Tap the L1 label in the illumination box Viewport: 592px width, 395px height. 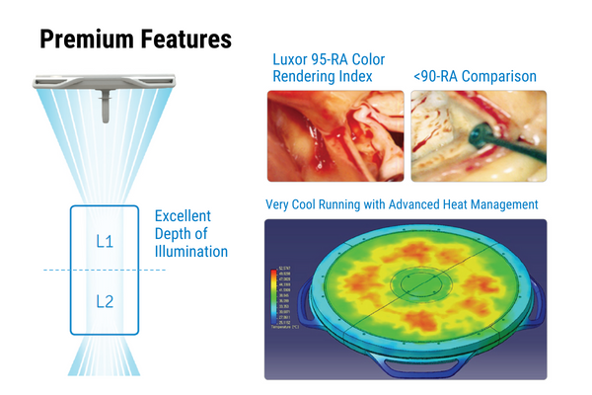[x=104, y=240]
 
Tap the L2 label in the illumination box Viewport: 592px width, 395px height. [x=104, y=300]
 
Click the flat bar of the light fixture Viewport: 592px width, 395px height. [x=103, y=76]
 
